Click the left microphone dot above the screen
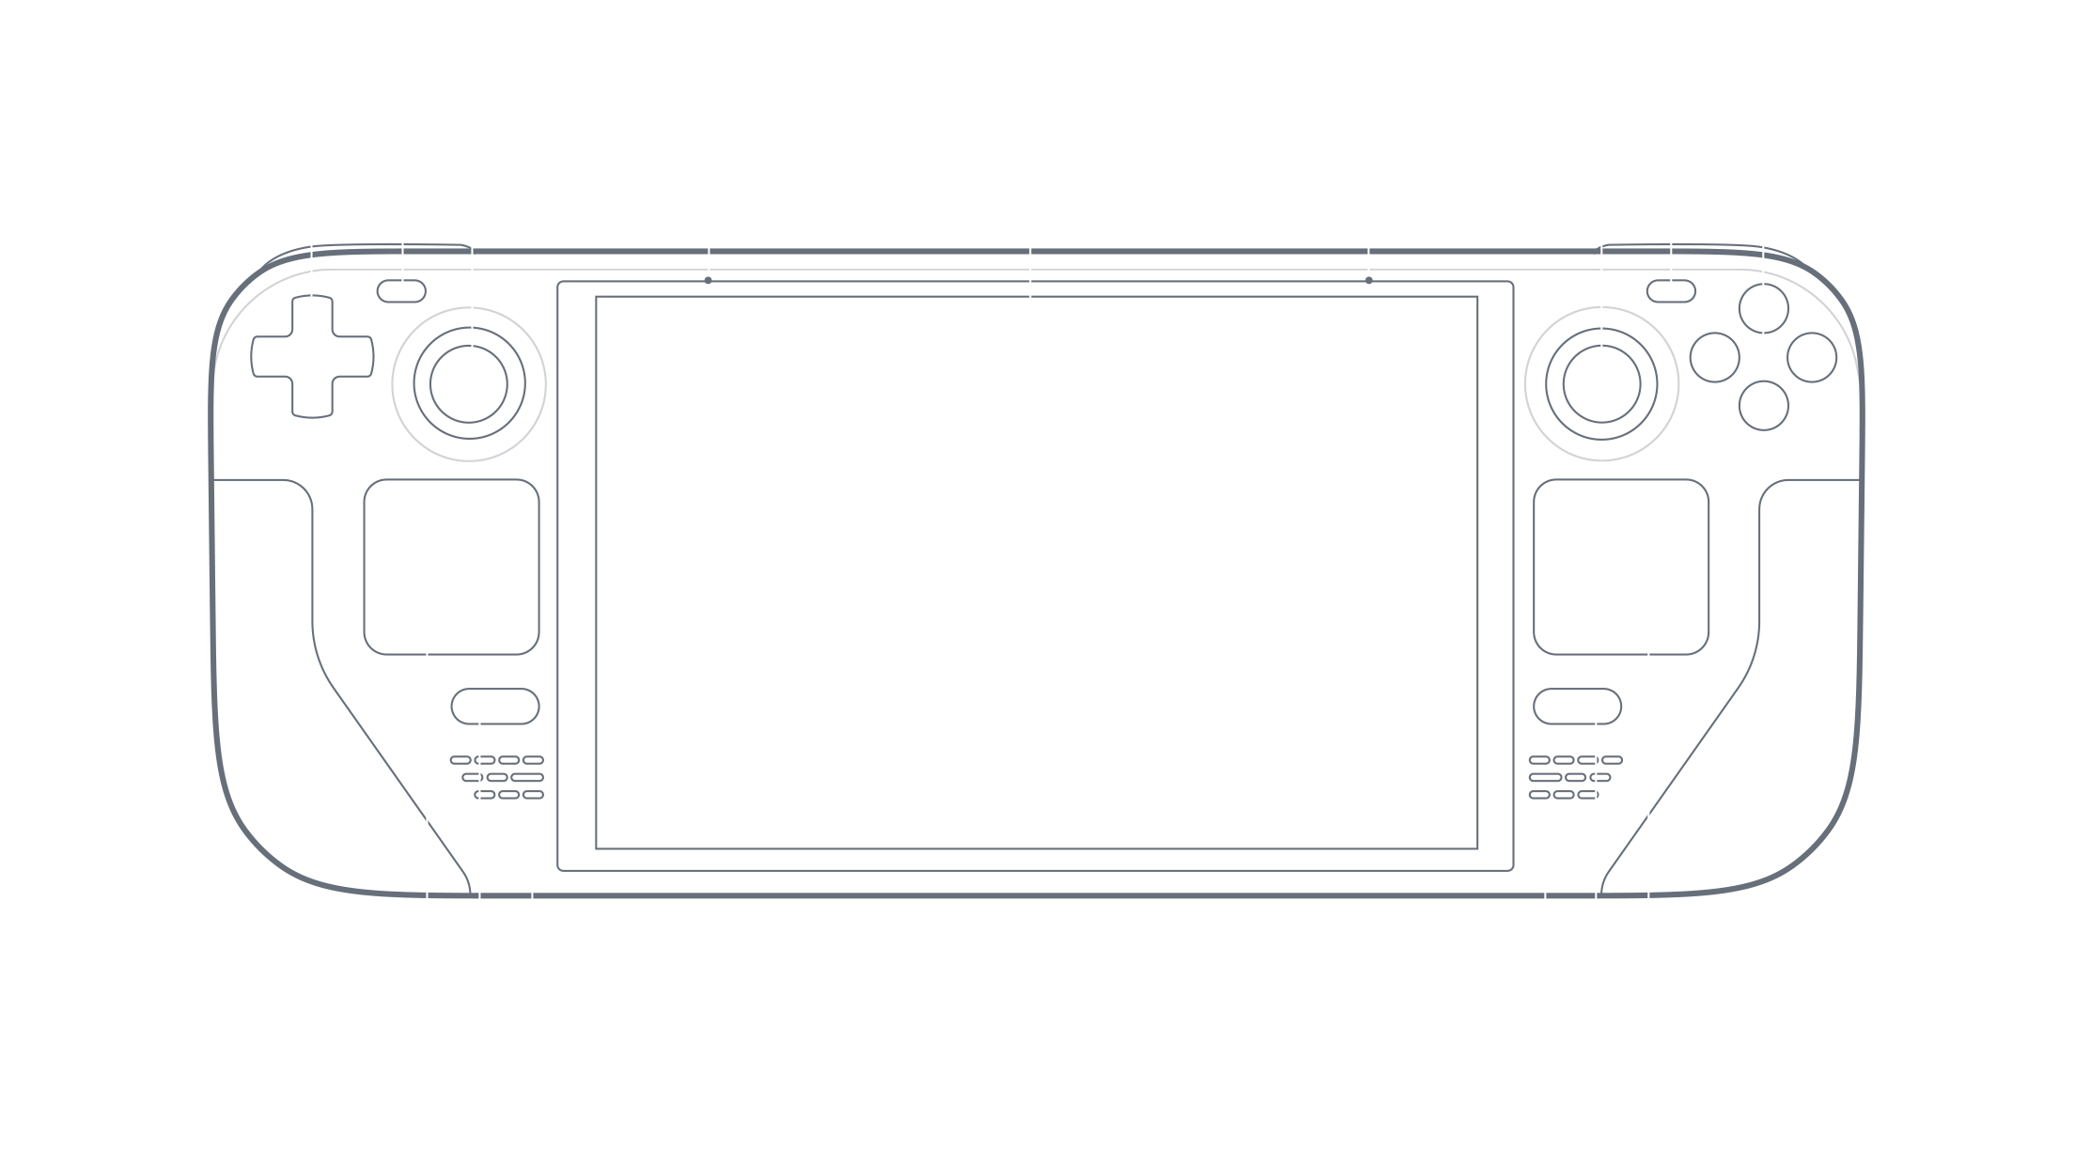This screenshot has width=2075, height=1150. [708, 280]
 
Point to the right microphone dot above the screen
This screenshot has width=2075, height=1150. [1368, 280]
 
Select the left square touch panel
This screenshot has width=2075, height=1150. [451, 567]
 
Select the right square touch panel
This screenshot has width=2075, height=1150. [1621, 567]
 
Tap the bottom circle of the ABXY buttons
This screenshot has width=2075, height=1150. [1763, 406]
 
